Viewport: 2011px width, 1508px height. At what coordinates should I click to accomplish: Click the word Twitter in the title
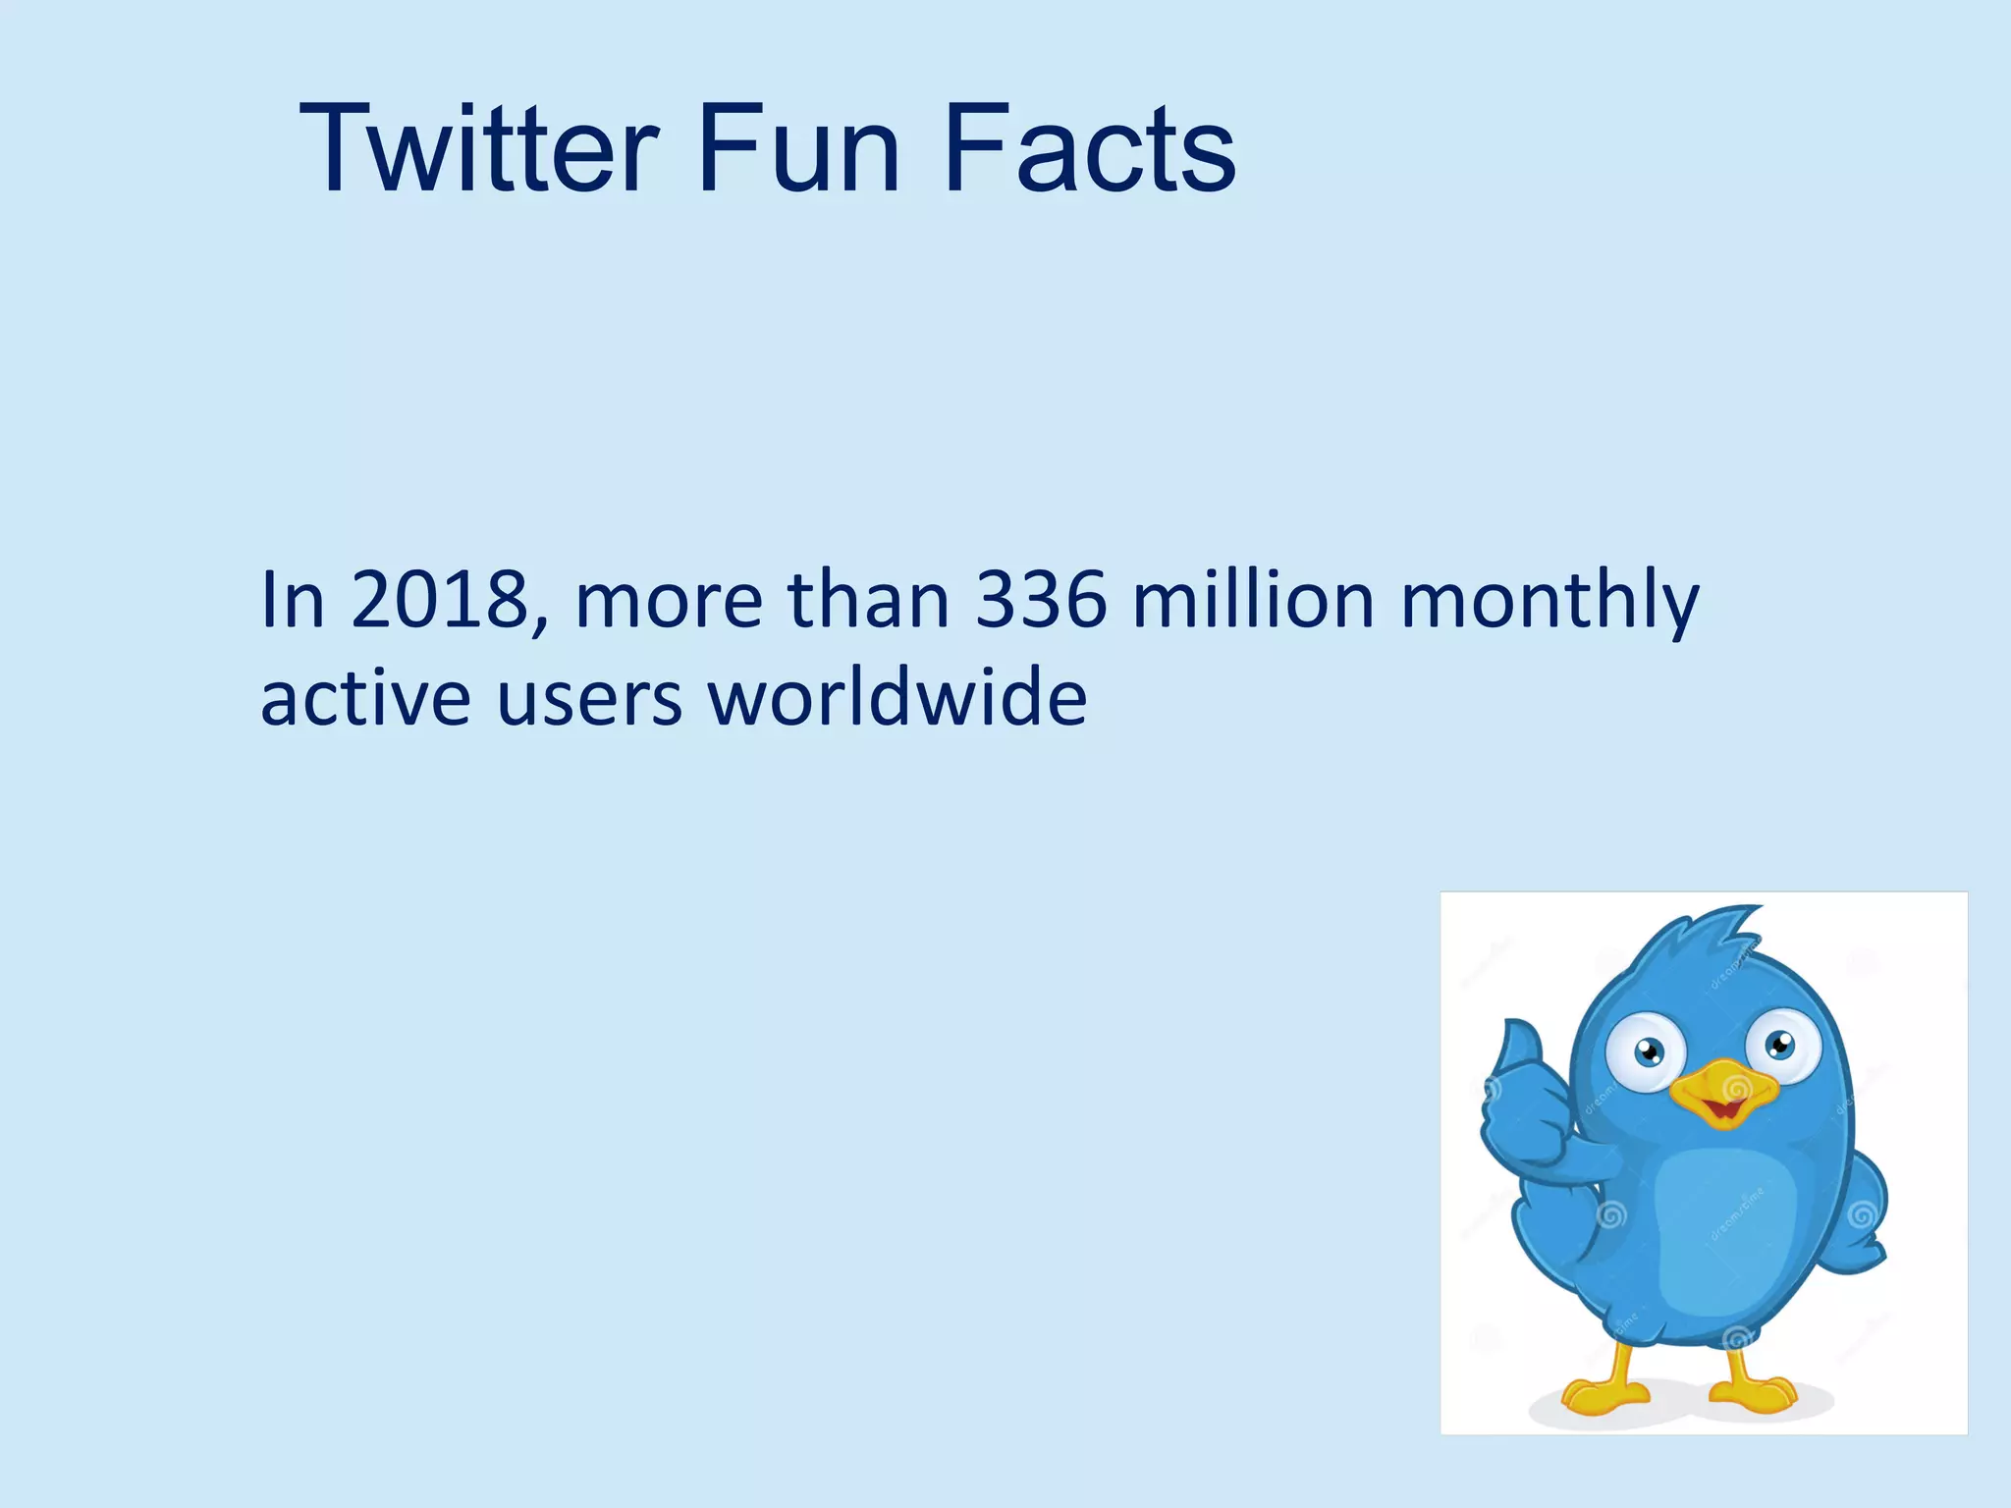pyautogui.click(x=478, y=149)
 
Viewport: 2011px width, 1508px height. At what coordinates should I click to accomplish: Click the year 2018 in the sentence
pyautogui.click(x=440, y=600)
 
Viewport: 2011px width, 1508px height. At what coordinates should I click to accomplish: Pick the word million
pyautogui.click(x=1253, y=600)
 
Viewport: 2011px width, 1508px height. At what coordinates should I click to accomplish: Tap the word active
pyautogui.click(x=365, y=698)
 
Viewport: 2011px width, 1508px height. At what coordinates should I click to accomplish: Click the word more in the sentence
pyautogui.click(x=669, y=602)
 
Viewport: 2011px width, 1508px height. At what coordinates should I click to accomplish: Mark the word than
pyautogui.click(x=868, y=600)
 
